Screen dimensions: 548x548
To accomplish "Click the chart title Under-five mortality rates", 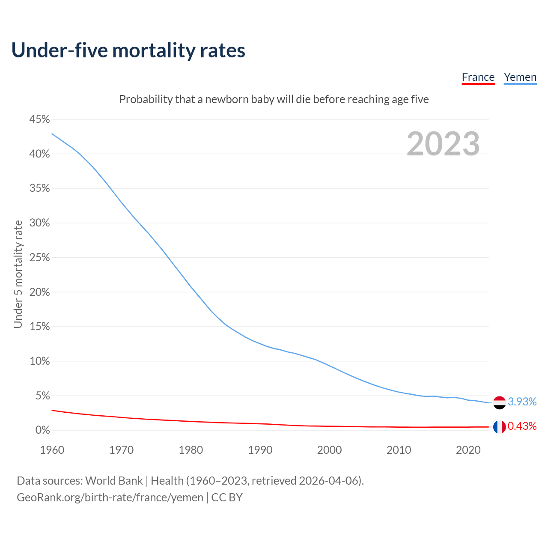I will click(128, 51).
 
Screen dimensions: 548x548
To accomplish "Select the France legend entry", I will click(478, 77).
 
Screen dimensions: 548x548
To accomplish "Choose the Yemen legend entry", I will click(520, 77).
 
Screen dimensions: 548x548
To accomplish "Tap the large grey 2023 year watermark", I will click(443, 144).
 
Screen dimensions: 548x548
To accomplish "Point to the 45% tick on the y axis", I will click(39, 119).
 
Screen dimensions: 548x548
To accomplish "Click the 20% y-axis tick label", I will click(39, 292).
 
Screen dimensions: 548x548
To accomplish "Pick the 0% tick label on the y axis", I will click(42, 430).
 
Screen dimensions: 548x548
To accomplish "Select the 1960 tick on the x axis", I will click(52, 450).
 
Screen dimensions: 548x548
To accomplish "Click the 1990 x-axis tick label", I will click(260, 450).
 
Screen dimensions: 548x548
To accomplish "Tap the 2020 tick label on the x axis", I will click(468, 450).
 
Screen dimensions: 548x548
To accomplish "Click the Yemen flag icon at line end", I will click(499, 402).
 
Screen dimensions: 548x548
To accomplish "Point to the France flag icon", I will click(499, 427).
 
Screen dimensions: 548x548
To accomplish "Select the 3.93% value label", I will click(522, 402).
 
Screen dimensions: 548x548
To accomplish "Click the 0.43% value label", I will click(522, 426).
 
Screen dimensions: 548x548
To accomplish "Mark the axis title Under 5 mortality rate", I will click(18, 274).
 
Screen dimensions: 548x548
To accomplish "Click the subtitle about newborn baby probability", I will click(274, 99).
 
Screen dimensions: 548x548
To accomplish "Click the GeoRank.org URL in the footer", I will click(110, 497).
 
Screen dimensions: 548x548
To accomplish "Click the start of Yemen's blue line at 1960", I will click(52, 134).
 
